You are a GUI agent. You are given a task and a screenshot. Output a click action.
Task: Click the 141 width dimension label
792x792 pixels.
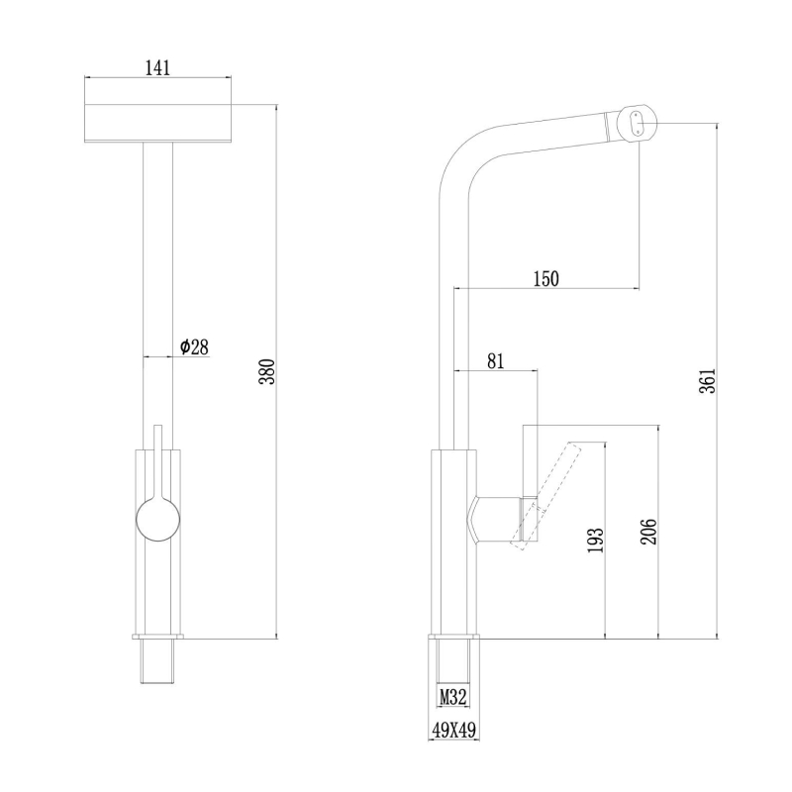click(x=157, y=67)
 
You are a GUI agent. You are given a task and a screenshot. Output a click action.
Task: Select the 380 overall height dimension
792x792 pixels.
click(x=265, y=370)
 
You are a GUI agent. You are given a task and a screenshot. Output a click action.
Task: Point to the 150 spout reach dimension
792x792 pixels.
click(x=545, y=278)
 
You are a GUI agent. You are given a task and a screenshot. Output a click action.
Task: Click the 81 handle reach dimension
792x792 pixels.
click(x=495, y=361)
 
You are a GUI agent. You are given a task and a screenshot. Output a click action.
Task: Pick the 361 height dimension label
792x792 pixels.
click(x=706, y=380)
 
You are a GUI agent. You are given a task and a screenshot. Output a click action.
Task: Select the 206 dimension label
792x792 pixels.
click(x=647, y=531)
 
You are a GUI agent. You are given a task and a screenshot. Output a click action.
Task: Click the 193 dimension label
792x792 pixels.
click(x=593, y=541)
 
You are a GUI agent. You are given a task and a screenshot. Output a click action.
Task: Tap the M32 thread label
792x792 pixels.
click(x=453, y=697)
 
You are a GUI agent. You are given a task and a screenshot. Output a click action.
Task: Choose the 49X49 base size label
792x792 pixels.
click(x=453, y=731)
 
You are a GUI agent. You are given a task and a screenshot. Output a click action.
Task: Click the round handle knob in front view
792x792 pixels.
click(x=157, y=521)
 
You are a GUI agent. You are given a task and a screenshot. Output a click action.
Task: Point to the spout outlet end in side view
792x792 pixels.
click(x=636, y=123)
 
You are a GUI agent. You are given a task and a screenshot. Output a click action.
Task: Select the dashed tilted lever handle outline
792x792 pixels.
click(x=544, y=491)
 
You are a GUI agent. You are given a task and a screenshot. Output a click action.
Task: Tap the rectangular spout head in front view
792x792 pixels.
click(x=158, y=124)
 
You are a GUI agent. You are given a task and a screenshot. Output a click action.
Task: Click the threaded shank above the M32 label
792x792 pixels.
click(x=453, y=659)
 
